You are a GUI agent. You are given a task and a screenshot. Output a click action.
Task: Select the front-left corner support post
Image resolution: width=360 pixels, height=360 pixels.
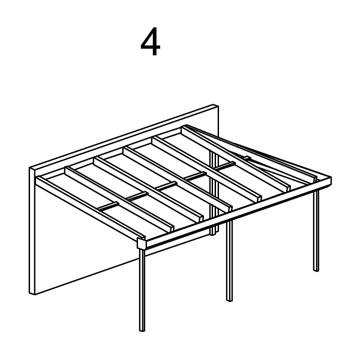point(142,288)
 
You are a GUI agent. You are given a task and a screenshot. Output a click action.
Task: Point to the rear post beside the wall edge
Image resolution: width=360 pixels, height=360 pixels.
point(213,198)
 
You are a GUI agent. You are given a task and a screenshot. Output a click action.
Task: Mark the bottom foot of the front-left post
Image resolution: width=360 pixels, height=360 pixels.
point(142,329)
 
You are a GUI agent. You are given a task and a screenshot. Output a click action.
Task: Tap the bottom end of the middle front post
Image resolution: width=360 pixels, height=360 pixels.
point(229,298)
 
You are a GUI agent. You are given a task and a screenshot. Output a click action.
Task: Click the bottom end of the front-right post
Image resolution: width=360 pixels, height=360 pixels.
point(316,269)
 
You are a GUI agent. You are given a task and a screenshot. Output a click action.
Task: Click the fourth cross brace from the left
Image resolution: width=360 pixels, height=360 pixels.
point(199,176)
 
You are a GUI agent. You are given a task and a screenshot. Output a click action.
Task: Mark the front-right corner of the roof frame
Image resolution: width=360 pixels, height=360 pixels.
point(330,179)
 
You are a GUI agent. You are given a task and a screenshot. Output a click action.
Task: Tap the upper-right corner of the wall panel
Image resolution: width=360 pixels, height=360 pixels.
point(217,106)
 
